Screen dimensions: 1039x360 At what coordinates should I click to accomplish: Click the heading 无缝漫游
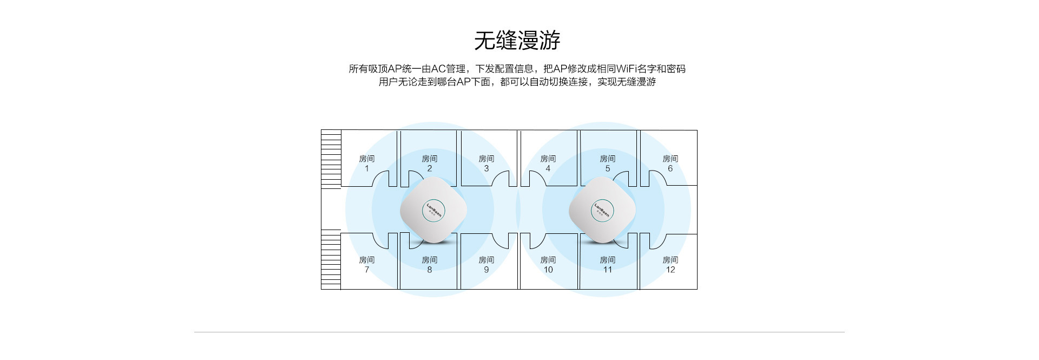(x=517, y=40)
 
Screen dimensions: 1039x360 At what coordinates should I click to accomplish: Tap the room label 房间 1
(x=366, y=163)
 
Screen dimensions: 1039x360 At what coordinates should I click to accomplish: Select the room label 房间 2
(x=429, y=163)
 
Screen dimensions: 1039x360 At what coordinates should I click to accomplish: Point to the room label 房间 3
(x=486, y=163)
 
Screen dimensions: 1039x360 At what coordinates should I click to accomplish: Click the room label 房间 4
(x=548, y=163)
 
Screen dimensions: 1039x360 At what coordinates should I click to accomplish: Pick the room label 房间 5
(x=607, y=163)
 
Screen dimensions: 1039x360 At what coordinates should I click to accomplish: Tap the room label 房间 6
(x=670, y=163)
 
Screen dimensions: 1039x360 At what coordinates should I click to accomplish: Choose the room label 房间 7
(x=366, y=265)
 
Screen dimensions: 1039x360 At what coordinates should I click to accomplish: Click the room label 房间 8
(x=429, y=265)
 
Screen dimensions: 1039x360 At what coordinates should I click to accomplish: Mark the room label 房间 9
(x=486, y=265)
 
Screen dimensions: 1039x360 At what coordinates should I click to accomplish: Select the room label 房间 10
(x=548, y=265)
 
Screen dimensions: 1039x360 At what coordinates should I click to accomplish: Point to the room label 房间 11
(x=607, y=265)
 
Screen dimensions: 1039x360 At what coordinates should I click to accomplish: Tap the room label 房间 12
(x=670, y=265)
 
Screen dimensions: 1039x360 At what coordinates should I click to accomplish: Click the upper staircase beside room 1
(x=331, y=159)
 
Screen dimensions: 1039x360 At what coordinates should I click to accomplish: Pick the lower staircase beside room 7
(x=331, y=260)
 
